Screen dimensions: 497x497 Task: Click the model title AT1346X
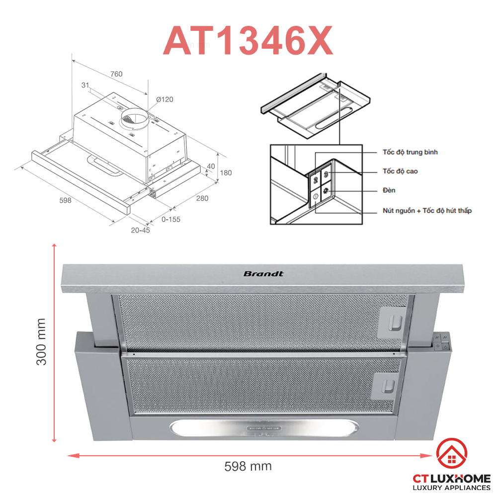pos(248,41)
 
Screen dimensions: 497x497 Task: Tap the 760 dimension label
pos(116,74)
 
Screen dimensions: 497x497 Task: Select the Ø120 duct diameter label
pos(165,99)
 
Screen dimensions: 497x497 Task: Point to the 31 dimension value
pos(85,85)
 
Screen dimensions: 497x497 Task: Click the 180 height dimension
pos(226,173)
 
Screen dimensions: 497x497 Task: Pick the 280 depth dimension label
pos(202,198)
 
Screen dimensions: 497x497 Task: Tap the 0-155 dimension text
pos(171,219)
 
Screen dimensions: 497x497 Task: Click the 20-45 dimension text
pos(141,231)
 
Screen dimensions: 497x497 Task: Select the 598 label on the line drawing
pos(65,200)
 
